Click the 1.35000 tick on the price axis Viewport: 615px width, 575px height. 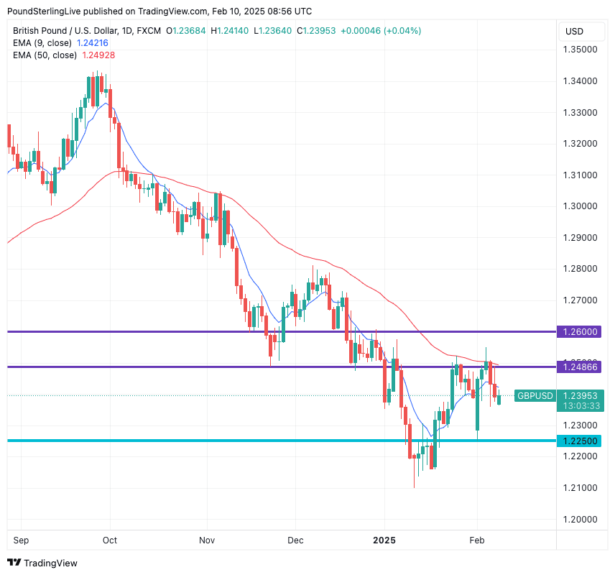[x=580, y=50]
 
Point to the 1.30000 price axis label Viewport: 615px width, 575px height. [x=580, y=206]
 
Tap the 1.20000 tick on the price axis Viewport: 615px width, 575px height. [x=580, y=519]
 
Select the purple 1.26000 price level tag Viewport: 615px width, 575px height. [x=580, y=332]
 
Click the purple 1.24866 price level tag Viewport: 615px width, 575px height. [x=580, y=367]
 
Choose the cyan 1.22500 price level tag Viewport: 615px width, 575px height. [x=580, y=441]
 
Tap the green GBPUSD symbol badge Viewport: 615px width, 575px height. [x=535, y=396]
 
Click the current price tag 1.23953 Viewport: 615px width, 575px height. [x=580, y=396]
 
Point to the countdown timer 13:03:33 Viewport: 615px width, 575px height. [x=580, y=406]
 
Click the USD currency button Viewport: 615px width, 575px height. [x=575, y=32]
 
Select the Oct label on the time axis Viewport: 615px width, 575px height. [x=110, y=539]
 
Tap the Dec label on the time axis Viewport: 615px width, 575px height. [x=295, y=539]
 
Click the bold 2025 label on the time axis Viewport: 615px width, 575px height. [x=384, y=539]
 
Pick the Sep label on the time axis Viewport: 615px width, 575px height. [x=21, y=539]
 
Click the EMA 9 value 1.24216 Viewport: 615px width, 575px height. [x=93, y=43]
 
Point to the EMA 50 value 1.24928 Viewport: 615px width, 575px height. [x=98, y=55]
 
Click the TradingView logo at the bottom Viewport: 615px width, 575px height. [x=42, y=563]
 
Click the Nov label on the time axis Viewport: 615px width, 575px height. [x=207, y=539]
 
